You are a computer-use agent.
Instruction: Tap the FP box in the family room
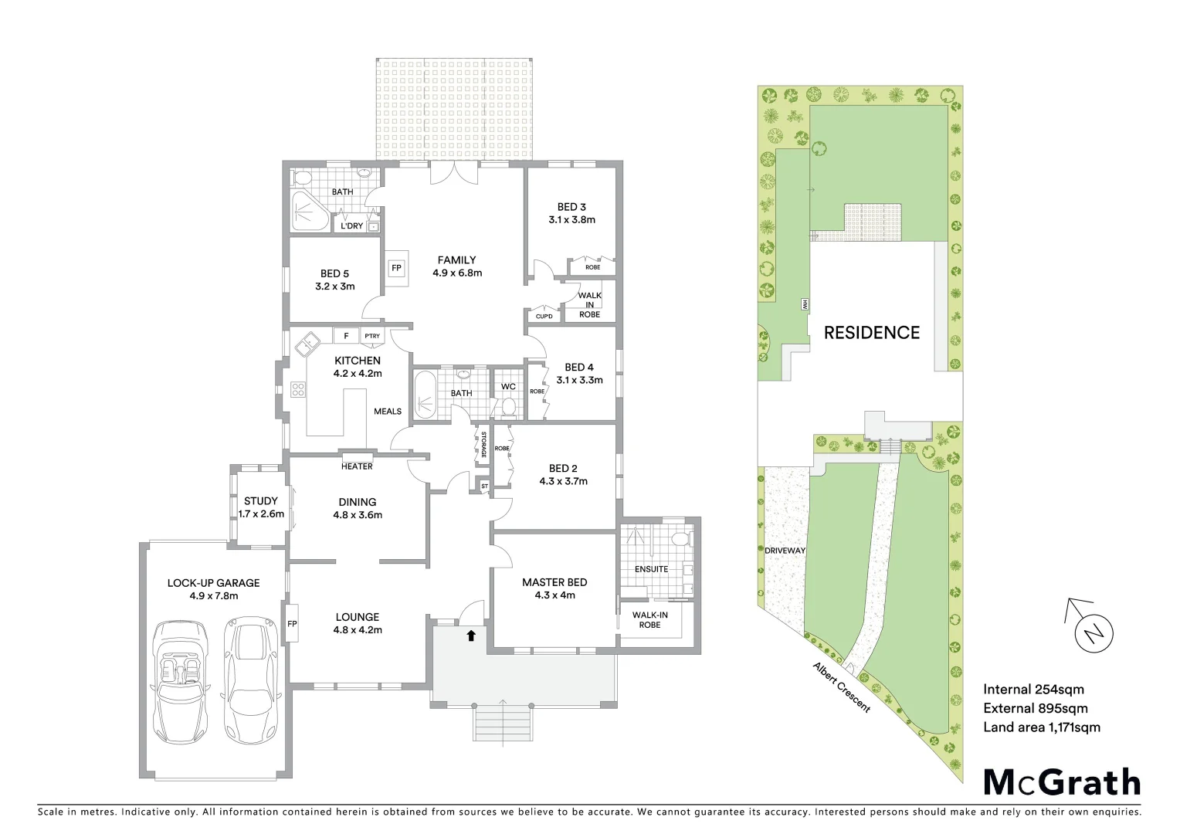pos(397,268)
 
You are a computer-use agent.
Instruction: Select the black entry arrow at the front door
pos(470,636)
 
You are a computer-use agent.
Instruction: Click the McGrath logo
pos(1061,782)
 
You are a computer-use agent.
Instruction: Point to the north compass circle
pos(1094,634)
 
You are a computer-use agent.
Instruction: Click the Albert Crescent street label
pos(841,687)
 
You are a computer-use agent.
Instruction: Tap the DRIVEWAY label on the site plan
pos(785,551)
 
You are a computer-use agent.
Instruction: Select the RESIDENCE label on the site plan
pos(871,333)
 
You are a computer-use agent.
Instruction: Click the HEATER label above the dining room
pos(357,466)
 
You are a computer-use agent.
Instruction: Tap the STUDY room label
pos(260,501)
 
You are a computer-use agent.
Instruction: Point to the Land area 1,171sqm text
pos(1041,727)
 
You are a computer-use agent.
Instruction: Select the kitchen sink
pos(307,342)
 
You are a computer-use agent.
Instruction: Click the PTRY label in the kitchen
pos(373,336)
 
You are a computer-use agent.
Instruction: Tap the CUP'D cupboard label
pos(544,317)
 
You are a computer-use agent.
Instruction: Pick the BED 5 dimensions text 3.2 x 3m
pos(334,286)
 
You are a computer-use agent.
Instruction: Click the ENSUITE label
pos(651,569)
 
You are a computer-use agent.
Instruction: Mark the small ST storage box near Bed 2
pos(484,486)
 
